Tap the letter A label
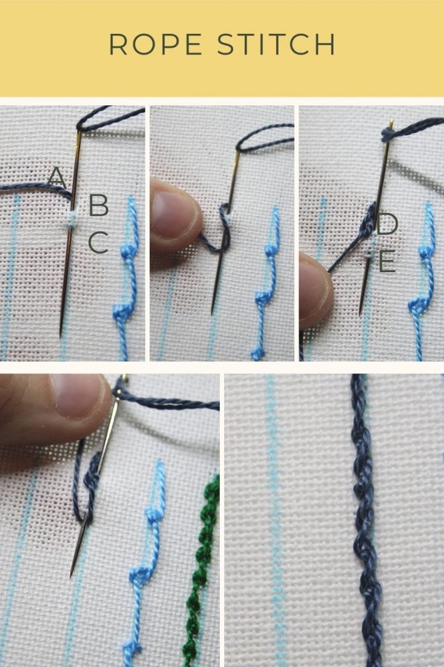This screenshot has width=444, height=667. click(x=56, y=178)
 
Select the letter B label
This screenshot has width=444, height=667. click(x=98, y=206)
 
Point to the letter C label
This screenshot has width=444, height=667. click(x=98, y=242)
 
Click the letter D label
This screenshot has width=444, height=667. click(x=387, y=224)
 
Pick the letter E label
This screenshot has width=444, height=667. click(x=387, y=262)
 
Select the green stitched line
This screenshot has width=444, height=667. click(x=202, y=562)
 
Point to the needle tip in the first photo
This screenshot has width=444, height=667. click(x=60, y=334)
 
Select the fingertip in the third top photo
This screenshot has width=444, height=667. click(x=314, y=284)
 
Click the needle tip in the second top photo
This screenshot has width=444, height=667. click(x=213, y=313)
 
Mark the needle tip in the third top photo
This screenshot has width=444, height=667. click(x=360, y=313)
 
